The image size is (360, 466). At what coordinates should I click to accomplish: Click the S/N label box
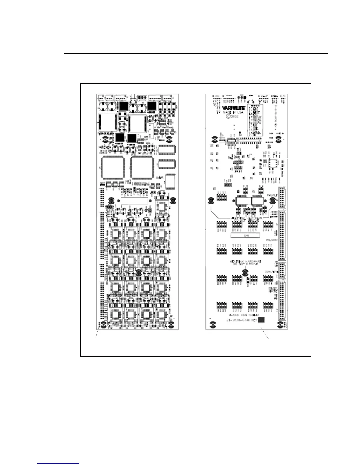coord(245,235)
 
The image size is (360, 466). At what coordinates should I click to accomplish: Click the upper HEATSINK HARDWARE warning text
coord(246,219)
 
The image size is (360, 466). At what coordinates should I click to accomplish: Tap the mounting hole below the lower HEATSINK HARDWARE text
coord(244,274)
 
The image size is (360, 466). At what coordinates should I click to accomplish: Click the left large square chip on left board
coord(113,168)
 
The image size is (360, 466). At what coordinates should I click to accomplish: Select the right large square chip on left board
coord(142,168)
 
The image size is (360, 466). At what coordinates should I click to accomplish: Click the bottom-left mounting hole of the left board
coord(104,325)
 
